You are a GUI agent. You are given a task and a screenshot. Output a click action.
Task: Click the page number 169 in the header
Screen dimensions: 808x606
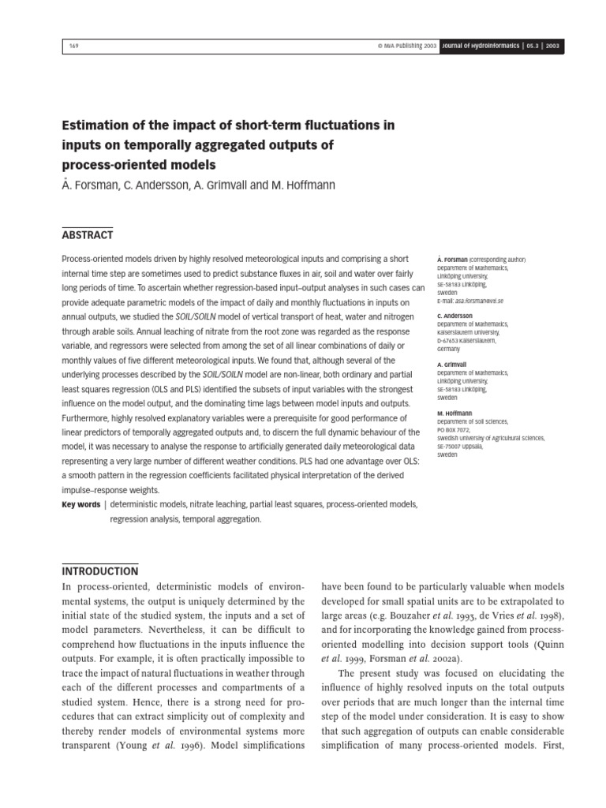73,47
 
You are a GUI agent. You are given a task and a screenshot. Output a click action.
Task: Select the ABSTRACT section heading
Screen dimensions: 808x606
87,234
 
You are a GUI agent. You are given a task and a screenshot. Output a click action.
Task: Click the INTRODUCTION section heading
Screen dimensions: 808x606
99,570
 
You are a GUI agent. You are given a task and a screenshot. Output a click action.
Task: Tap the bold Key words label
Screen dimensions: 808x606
80,504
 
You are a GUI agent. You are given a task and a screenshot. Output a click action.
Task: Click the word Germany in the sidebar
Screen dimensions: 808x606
450,348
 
